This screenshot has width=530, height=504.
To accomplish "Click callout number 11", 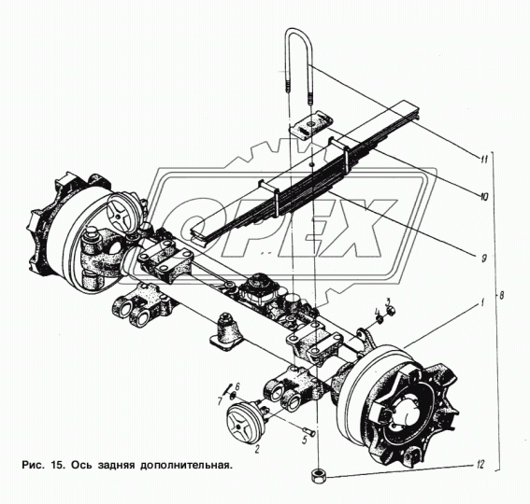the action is [484, 159].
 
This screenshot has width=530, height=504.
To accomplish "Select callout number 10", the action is [483, 196].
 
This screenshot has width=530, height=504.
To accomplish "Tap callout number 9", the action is [484, 259].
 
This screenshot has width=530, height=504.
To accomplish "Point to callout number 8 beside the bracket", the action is [501, 296].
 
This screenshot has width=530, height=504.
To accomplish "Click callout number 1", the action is [483, 302].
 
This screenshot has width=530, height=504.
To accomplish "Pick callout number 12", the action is [480, 465].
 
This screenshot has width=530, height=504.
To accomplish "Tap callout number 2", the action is [257, 449].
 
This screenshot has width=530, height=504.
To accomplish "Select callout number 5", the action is [304, 440].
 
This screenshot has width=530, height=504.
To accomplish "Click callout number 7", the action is [220, 401].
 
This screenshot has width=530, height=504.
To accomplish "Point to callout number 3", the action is [388, 301].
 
